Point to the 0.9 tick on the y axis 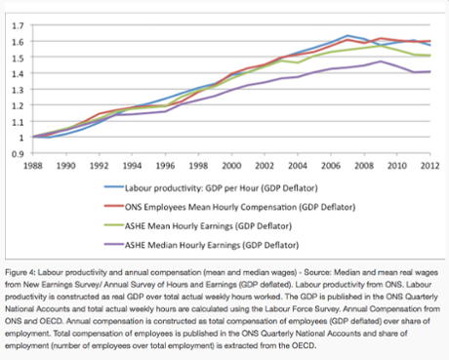click(x=18, y=153)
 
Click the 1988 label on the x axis click(x=32, y=166)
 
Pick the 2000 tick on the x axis click(x=232, y=166)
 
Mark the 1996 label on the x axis click(x=165, y=166)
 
